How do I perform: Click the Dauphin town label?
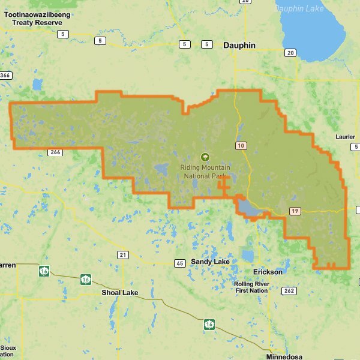pos(239,45)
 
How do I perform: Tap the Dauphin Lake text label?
pos(299,8)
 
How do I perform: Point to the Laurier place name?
pos(346,137)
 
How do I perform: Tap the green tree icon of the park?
pos(205,157)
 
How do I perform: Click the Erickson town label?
pos(268,272)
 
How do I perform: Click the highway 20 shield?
pos(290,53)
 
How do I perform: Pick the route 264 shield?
pos(55,152)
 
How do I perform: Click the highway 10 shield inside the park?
pos(241,146)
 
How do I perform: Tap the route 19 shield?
pos(295,211)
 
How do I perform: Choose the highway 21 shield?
pos(123,255)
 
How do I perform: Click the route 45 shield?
pos(179,263)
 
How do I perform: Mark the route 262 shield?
pos(289,291)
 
